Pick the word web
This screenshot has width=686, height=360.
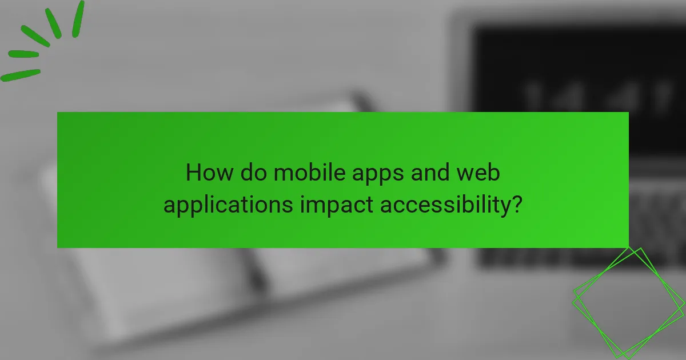[x=477, y=173]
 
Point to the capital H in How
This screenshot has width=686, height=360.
[x=193, y=173]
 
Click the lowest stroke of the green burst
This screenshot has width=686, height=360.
[x=21, y=75]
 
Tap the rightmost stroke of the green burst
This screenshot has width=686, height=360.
[x=78, y=19]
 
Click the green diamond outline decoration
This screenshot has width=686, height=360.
[x=628, y=302]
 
